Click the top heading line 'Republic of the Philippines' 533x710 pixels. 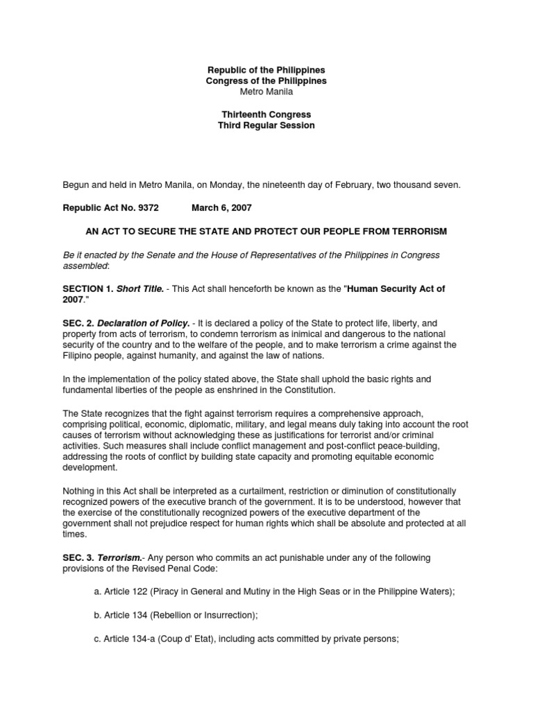coord(266,71)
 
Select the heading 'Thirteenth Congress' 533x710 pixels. coord(266,114)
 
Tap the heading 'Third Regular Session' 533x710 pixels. coord(266,125)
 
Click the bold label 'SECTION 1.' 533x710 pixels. coord(86,288)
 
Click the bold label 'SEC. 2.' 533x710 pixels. coord(78,323)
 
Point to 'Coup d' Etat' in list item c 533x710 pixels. coord(174,639)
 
